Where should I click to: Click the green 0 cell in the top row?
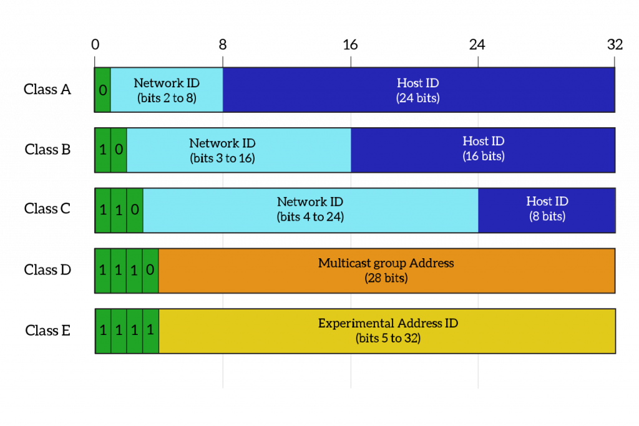103,90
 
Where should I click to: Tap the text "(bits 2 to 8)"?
167,98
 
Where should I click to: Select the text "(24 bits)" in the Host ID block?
417,98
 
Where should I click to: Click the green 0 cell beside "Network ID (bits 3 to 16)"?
119,150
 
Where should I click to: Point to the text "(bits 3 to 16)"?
222,158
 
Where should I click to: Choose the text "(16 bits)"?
483,156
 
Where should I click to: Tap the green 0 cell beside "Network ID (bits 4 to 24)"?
135,210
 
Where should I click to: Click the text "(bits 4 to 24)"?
310,217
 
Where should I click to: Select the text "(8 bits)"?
547,216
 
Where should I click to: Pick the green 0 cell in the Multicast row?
150,271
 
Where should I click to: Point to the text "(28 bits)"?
386,278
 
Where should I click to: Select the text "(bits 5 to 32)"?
388,339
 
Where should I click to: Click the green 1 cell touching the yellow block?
150,331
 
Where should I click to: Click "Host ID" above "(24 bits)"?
417,83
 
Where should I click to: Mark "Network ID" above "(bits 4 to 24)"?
310,202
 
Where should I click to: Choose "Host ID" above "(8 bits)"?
547,201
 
